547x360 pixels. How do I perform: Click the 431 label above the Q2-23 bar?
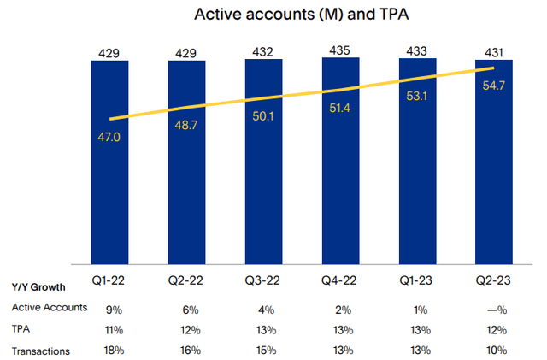click(494, 51)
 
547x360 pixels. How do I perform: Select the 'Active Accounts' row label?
click(49, 307)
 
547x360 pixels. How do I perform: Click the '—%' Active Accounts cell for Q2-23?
click(494, 308)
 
